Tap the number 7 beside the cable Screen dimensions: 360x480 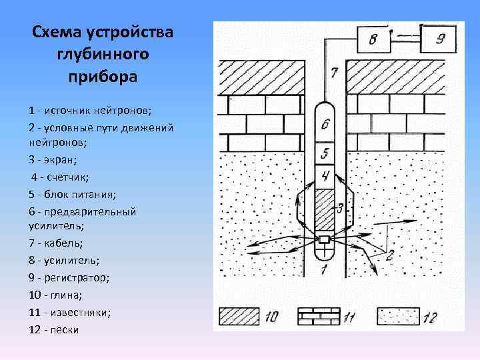(334, 73)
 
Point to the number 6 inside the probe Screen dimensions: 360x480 (325, 124)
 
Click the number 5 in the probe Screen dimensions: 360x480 (325, 153)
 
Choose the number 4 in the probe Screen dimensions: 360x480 (325, 176)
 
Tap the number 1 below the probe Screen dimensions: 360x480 (325, 269)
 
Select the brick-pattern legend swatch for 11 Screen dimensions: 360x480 (319, 315)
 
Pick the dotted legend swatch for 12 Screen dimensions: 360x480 (397, 315)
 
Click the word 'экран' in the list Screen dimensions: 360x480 (61, 161)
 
